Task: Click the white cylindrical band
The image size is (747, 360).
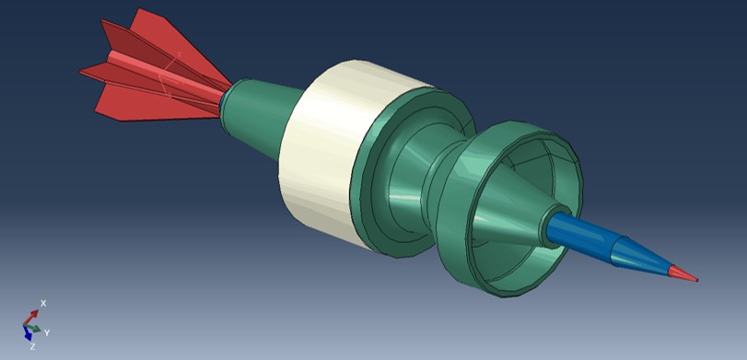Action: coord(318,157)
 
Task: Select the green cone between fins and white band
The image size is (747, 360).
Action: coord(263,115)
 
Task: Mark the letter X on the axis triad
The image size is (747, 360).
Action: coord(43,303)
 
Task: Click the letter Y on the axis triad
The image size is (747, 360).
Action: coord(47,331)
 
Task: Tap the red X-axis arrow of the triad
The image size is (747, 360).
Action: coord(34,315)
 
